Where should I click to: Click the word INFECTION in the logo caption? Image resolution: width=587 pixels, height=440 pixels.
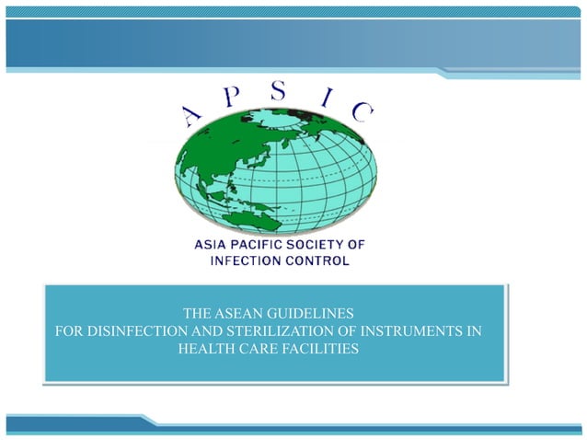[243, 261]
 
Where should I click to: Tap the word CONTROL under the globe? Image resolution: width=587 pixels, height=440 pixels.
[317, 261]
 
